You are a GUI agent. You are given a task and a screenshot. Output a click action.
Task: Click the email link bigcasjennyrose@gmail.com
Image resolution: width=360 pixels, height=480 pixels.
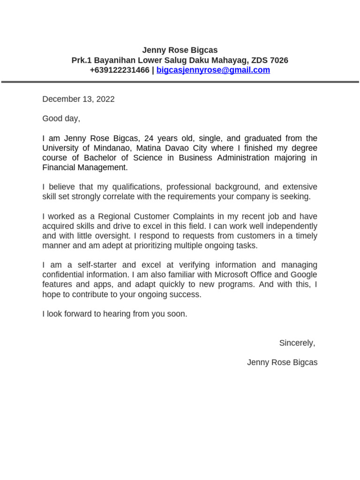coord(213,70)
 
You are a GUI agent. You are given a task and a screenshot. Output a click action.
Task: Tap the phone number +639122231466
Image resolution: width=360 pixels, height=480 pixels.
coord(119,70)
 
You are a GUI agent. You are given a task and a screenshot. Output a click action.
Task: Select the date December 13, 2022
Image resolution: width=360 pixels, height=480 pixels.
coord(78,99)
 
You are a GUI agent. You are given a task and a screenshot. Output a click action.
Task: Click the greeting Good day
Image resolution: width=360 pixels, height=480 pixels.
coord(61,119)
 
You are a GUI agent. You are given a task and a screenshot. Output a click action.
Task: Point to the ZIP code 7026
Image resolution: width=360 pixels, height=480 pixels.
coord(279,60)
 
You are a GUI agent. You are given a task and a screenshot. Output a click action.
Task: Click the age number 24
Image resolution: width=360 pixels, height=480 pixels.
coord(149,138)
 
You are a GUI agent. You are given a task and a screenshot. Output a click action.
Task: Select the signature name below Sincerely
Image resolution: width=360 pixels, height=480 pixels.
coord(282,362)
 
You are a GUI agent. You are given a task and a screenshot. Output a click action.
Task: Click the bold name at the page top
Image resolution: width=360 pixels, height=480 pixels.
coord(180,50)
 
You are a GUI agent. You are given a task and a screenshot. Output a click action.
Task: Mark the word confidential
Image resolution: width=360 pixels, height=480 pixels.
coord(64,275)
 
